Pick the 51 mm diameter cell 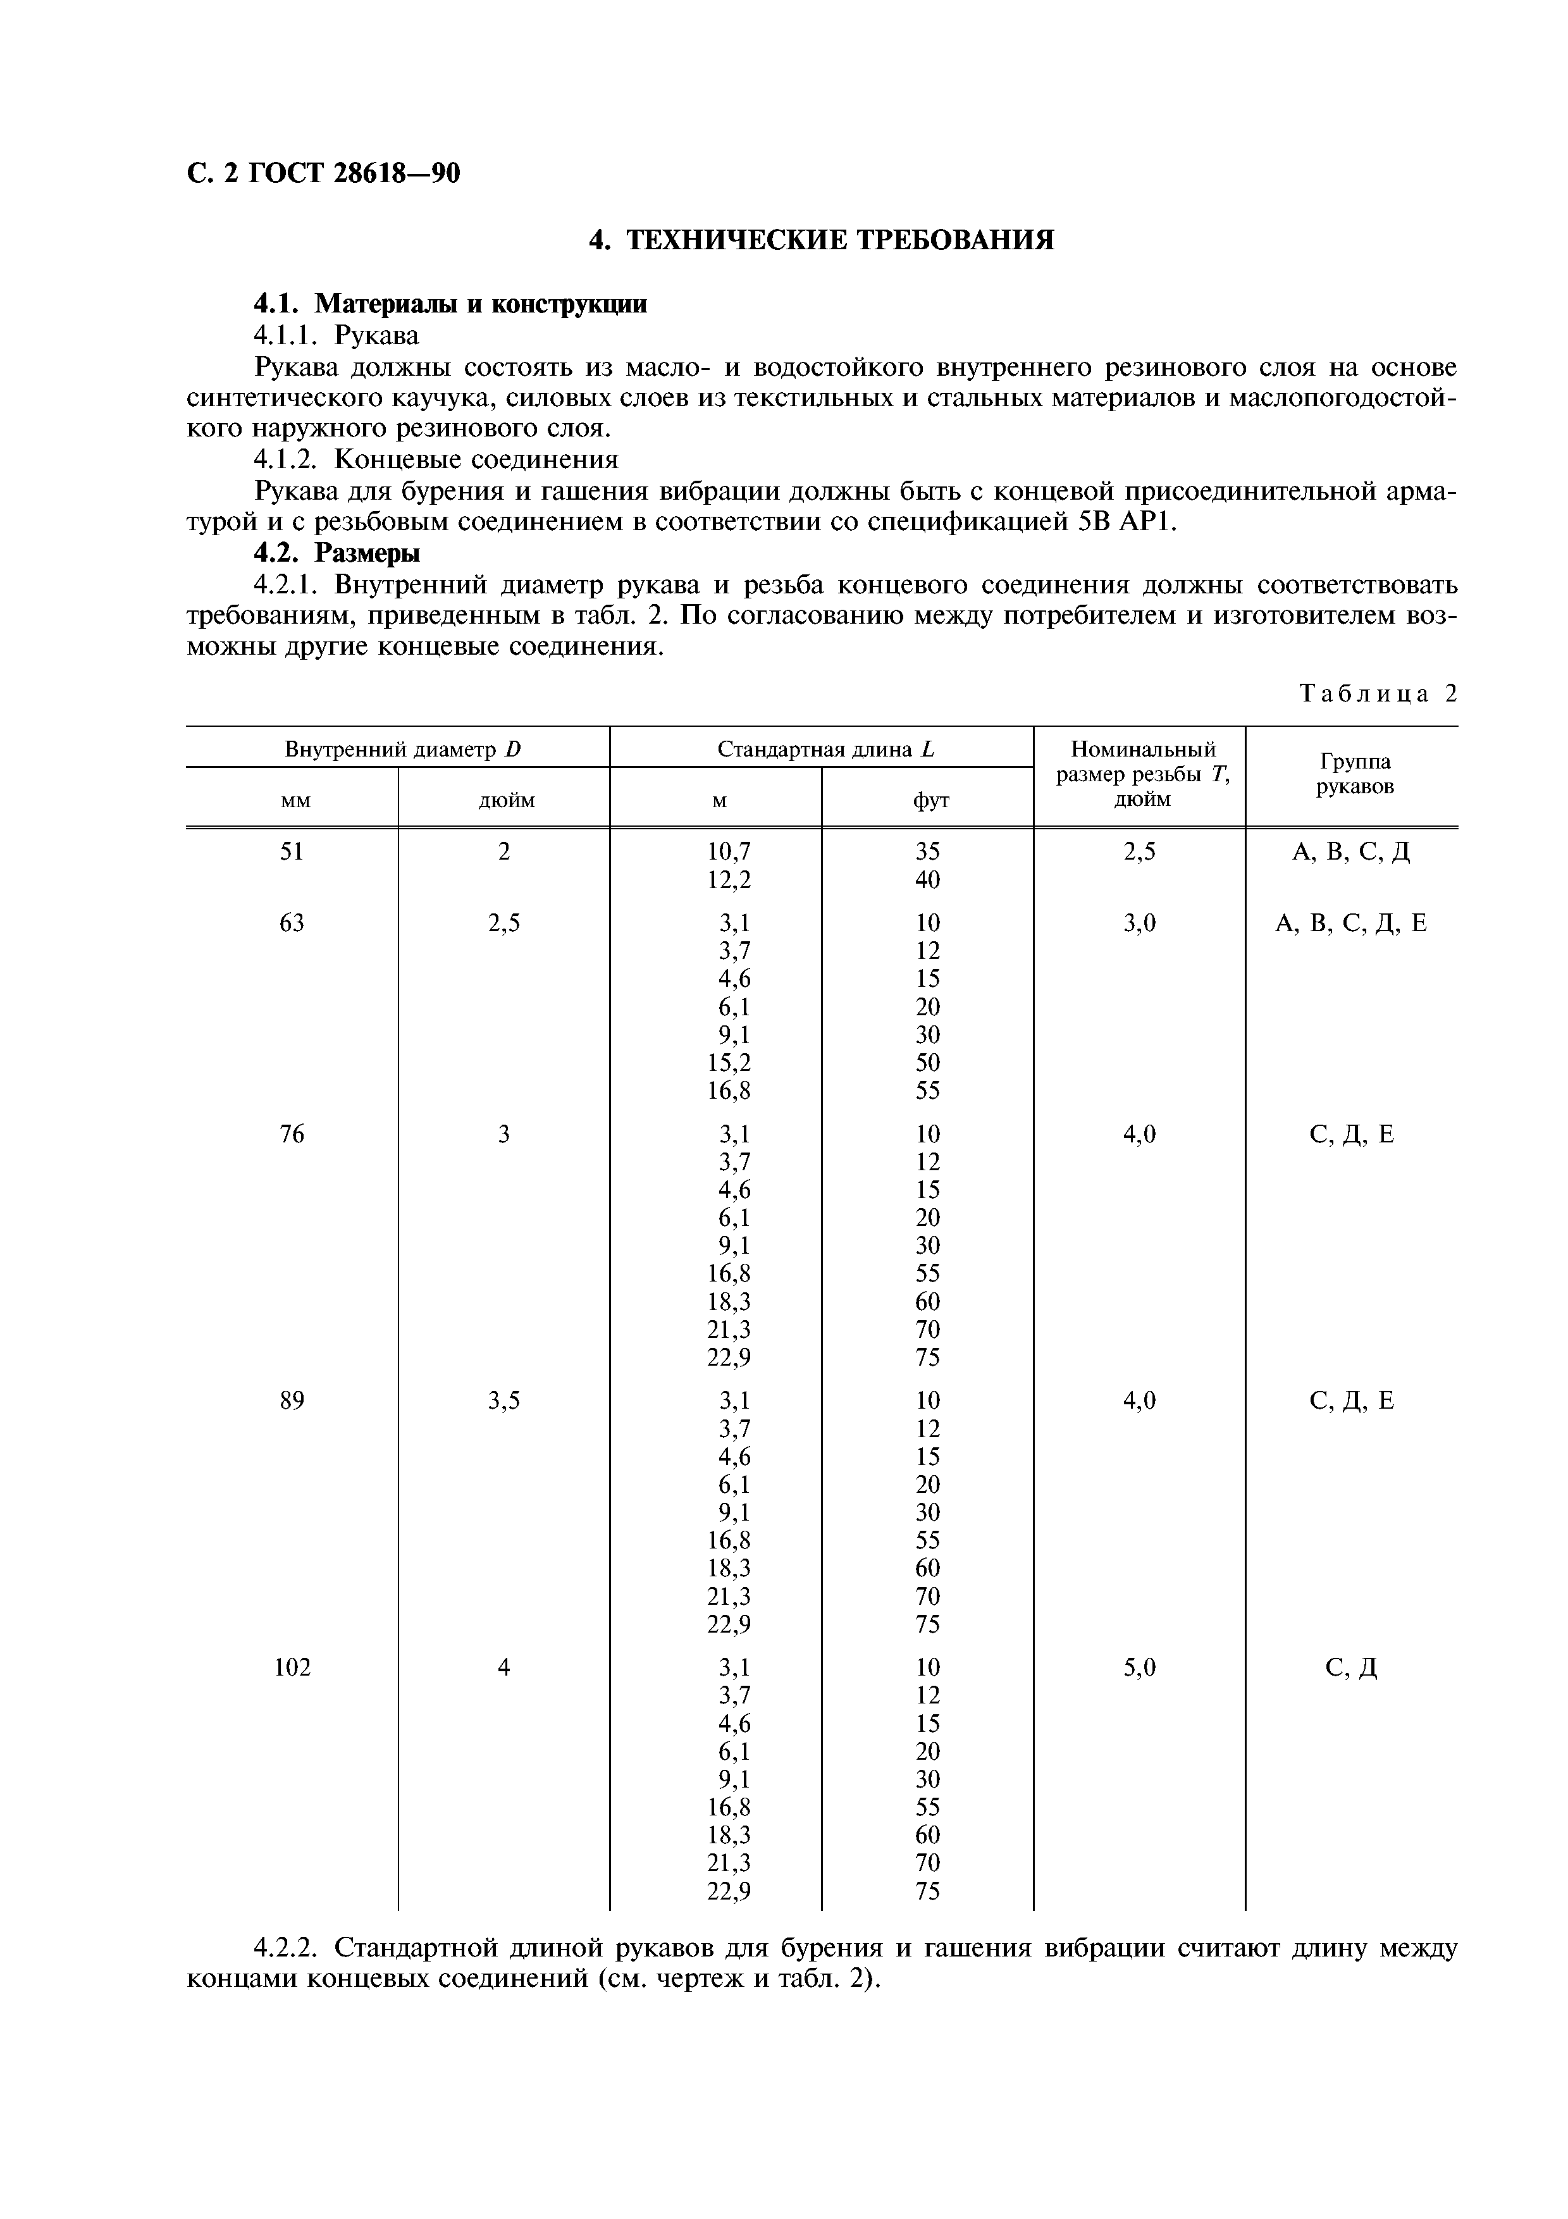[292, 851]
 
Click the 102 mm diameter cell [292, 1667]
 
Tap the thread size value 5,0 [1140, 1667]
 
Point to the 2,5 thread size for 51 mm [1140, 851]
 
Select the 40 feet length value [927, 879]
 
